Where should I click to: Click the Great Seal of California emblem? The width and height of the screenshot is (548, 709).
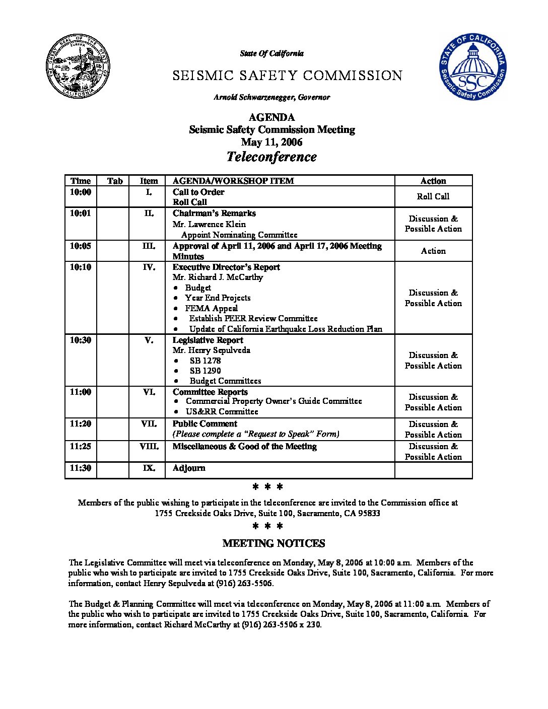[79, 66]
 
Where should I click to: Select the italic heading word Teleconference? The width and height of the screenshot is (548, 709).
[271, 157]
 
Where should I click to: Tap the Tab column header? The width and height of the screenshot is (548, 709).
[115, 181]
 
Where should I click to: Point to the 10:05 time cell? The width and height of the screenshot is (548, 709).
[81, 246]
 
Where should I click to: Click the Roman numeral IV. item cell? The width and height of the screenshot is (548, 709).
[149, 267]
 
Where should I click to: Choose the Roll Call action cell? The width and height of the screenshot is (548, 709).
[433, 196]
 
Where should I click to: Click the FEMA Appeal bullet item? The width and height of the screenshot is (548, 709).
[211, 308]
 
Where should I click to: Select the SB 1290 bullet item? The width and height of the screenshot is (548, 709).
[205, 371]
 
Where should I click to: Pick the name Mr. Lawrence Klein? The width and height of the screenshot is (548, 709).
[209, 224]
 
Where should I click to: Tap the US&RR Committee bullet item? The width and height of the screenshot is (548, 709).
[222, 411]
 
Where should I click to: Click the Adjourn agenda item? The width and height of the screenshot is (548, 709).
[189, 468]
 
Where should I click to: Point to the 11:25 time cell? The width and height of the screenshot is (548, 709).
[81, 446]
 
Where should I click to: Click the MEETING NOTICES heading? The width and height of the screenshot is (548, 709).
[273, 543]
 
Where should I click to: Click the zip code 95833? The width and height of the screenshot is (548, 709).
[370, 514]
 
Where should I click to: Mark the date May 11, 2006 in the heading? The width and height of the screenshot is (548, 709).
[271, 142]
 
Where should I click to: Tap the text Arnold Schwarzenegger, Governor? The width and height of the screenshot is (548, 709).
[271, 97]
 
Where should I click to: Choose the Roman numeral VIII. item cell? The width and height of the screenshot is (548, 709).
[149, 447]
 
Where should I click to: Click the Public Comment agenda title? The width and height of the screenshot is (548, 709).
[204, 424]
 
